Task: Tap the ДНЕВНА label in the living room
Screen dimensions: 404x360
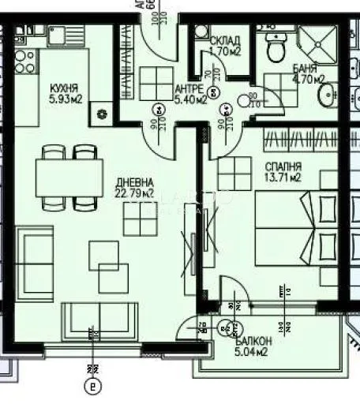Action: tap(128, 181)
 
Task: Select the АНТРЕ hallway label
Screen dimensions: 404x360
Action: tap(190, 88)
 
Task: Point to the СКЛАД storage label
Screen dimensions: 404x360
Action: tap(224, 41)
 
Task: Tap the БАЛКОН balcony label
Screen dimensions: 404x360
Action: tap(254, 340)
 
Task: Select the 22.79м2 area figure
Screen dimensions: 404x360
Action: tap(128, 192)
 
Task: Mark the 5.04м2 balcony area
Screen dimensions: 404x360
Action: tap(253, 352)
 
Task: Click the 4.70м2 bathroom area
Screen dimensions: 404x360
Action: tap(309, 79)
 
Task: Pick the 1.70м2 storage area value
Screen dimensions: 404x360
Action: tap(224, 53)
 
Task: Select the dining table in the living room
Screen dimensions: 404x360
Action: tap(69, 178)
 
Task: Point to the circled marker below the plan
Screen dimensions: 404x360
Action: tap(93, 387)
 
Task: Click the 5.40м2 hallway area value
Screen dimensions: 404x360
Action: tap(190, 99)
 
